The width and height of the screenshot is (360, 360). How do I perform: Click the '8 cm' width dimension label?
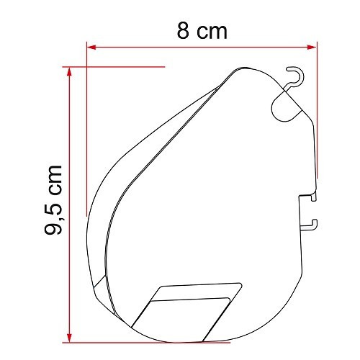[201, 30]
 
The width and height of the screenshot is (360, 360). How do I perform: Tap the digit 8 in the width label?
[184, 30]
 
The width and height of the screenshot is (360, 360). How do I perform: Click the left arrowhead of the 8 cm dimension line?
[91, 48]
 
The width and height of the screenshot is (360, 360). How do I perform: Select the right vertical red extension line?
[316, 108]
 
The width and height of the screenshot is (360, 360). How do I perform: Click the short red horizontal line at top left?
[115, 67]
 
